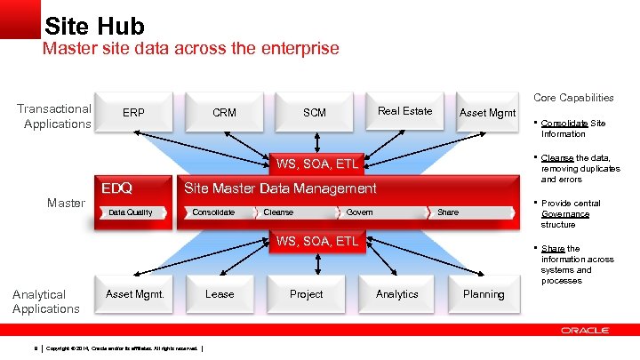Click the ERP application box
point(134,113)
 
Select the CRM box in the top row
point(224,113)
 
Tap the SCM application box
point(315,113)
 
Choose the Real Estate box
point(404,111)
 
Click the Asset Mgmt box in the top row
point(487,113)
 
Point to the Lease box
point(220,294)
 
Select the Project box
point(307,294)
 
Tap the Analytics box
point(396,294)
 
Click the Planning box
point(484,294)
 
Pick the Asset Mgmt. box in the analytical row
point(135,294)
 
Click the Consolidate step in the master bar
point(213,212)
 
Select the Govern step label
point(359,212)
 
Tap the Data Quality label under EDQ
point(130,212)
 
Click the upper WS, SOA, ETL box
point(317,164)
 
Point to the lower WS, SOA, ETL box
point(317,241)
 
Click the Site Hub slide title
point(93,24)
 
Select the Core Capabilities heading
point(572,98)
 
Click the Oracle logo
point(585,331)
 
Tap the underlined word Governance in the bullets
point(564,214)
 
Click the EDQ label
point(116,188)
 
